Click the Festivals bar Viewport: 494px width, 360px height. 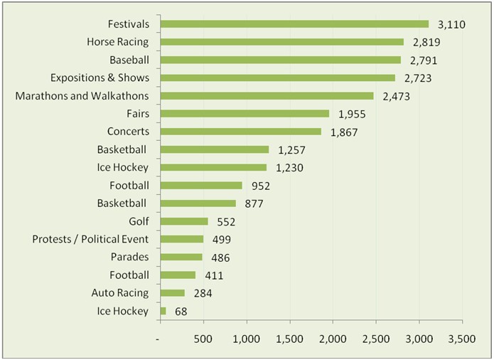click(x=294, y=24)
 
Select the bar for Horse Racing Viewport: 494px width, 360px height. click(x=281, y=42)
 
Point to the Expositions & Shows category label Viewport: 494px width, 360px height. click(x=100, y=78)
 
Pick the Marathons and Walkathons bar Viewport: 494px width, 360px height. click(x=267, y=95)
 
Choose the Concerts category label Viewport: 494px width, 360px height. click(x=128, y=132)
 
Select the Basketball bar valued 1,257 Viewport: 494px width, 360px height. click(x=215, y=149)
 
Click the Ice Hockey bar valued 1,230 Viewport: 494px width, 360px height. click(x=213, y=167)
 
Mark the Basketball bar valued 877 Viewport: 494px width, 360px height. click(x=198, y=203)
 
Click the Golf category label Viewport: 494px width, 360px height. click(x=139, y=221)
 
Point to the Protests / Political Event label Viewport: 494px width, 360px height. click(x=90, y=239)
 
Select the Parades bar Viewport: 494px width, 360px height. click(x=181, y=257)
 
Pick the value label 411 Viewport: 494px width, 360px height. click(x=213, y=275)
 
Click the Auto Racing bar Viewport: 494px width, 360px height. click(x=173, y=293)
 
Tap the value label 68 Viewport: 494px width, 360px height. click(x=182, y=311)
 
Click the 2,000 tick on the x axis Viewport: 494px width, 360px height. click(x=333, y=340)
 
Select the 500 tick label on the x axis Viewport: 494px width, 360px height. click(x=203, y=340)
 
